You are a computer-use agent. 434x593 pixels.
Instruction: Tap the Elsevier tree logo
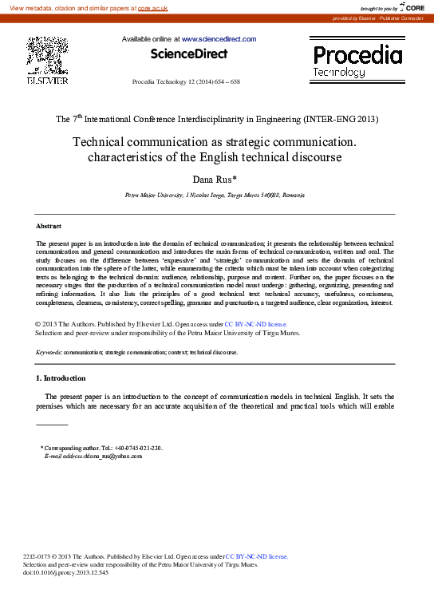pyautogui.click(x=47, y=55)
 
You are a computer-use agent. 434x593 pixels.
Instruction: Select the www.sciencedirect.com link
pyautogui.click(x=219, y=39)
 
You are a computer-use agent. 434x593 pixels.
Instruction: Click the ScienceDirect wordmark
pyautogui.click(x=189, y=54)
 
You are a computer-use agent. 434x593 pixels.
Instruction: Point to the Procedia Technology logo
pyautogui.click(x=357, y=61)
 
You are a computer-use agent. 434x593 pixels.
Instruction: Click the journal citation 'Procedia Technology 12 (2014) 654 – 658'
pyautogui.click(x=185, y=82)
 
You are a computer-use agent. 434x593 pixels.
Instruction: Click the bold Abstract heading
pyautogui.click(x=49, y=227)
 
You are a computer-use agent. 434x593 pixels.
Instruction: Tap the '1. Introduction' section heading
pyautogui.click(x=61, y=378)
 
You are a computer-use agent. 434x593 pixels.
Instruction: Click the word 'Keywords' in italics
pyautogui.click(x=49, y=351)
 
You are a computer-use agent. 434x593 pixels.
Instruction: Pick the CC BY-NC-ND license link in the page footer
pyautogui.click(x=257, y=555)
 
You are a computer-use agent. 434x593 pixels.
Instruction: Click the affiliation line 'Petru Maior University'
pyautogui.click(x=215, y=195)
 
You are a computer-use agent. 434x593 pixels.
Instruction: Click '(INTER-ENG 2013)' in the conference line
pyautogui.click(x=341, y=119)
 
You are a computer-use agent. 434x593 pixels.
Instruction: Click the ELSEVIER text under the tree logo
pyautogui.click(x=47, y=81)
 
